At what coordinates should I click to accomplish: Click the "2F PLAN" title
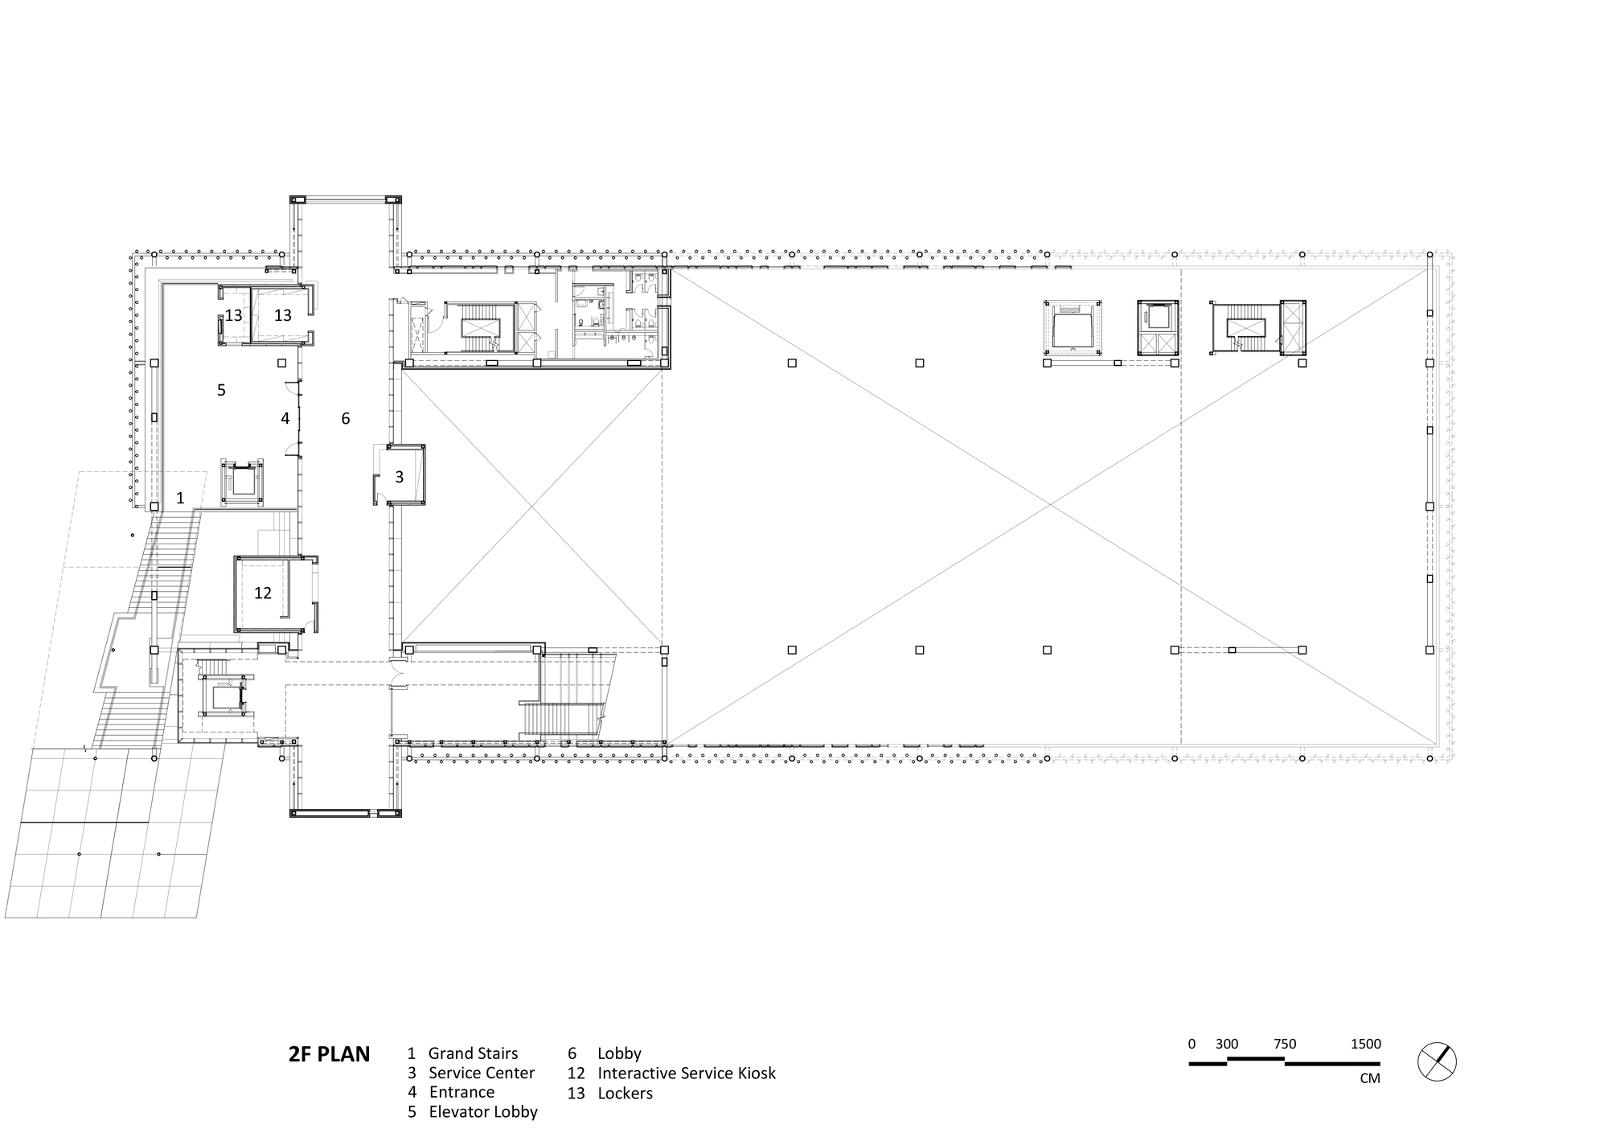point(329,1054)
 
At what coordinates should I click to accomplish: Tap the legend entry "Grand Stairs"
point(473,1053)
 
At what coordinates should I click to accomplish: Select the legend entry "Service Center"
point(482,1073)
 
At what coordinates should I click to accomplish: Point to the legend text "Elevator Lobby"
point(483,1112)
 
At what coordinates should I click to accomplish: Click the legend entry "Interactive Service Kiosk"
point(687,1073)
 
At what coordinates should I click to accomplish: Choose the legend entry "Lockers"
point(625,1094)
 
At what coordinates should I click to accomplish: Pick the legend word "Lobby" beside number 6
point(619,1054)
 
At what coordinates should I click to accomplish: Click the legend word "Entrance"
point(461,1092)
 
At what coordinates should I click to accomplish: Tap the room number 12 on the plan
point(263,593)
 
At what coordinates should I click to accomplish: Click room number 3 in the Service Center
point(399,478)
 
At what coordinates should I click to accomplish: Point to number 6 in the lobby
point(346,418)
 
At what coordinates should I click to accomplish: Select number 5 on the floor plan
point(221,390)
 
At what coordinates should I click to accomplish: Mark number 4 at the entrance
point(285,418)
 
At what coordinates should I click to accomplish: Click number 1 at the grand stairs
point(180,499)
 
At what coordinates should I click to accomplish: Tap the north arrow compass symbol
point(1437,1061)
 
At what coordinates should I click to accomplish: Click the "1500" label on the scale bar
point(1365,1045)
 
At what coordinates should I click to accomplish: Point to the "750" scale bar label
point(1285,1045)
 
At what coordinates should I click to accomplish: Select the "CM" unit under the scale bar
point(1370,1078)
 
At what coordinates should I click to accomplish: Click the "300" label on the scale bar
point(1227,1045)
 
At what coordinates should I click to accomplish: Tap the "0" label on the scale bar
point(1192,1045)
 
